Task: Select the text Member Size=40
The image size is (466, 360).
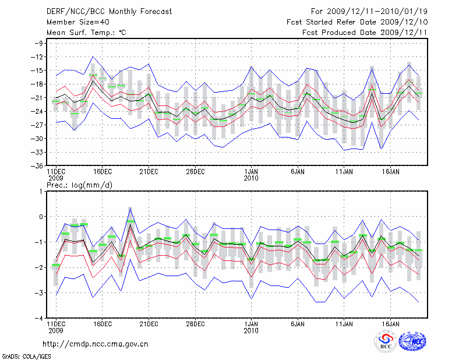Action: tap(74, 22)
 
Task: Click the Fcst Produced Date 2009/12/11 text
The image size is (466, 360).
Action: tap(365, 33)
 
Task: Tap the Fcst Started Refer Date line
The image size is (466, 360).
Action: tap(357, 22)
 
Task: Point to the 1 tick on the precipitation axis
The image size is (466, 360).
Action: tap(40, 191)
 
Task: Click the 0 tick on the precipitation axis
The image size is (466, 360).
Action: tap(40, 217)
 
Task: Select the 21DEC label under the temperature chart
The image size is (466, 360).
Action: tap(149, 172)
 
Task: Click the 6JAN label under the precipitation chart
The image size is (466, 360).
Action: tap(298, 323)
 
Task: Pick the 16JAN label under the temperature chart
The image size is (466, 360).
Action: tap(390, 172)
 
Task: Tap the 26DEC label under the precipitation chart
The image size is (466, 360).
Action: tap(195, 323)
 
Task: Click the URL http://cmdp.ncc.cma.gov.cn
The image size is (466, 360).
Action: tap(96, 344)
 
